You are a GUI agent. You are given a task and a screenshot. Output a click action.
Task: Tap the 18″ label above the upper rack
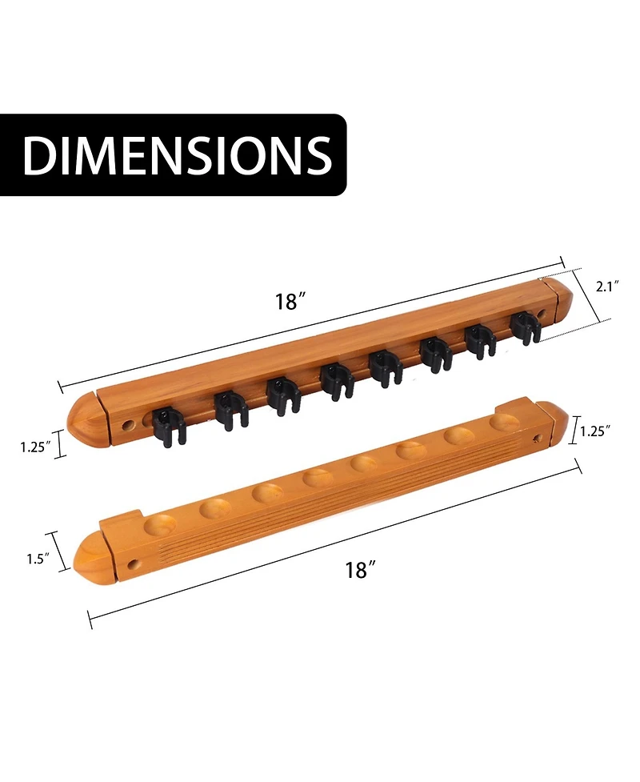click(x=291, y=302)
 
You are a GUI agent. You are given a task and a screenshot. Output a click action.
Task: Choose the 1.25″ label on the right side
click(x=595, y=431)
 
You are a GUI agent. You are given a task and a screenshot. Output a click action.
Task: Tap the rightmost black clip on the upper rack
click(x=524, y=327)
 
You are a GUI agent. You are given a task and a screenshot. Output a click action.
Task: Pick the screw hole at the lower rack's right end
click(x=537, y=438)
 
